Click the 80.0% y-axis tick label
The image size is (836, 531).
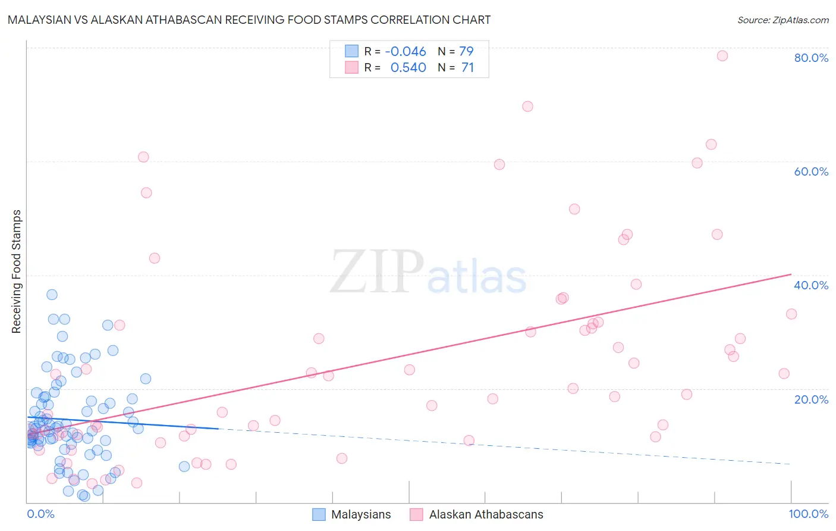811,58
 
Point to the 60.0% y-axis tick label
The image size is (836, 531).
811,171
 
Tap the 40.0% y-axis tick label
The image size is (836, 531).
811,285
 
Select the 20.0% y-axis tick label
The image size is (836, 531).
811,399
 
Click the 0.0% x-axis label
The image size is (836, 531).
40,514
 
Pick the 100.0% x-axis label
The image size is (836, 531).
808,514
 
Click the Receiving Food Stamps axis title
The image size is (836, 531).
16,271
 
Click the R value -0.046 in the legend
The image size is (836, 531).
406,51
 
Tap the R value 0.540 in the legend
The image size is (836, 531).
408,68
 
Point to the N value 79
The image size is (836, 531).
466,51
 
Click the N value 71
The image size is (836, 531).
467,68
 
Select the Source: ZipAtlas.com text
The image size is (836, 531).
782,20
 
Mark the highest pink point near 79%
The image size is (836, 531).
722,56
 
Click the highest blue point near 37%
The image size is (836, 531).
52,295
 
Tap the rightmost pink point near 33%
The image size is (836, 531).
791,314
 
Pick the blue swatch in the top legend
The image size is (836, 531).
352,51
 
